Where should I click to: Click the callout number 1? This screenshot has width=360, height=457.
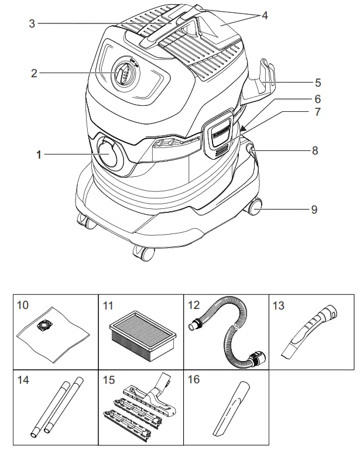click(x=39, y=155)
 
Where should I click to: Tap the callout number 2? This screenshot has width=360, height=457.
click(x=34, y=73)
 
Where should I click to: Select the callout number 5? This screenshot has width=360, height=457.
click(x=317, y=83)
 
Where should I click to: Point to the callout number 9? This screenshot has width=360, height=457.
click(x=314, y=209)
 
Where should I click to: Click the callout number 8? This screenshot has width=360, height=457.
click(x=314, y=150)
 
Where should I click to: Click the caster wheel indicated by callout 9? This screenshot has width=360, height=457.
click(x=256, y=208)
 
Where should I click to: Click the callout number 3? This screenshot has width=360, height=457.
click(x=33, y=23)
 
